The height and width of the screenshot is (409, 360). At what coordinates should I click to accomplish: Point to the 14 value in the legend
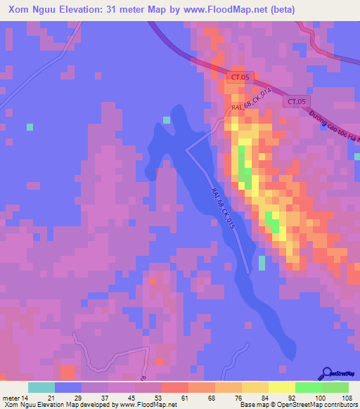[24, 398]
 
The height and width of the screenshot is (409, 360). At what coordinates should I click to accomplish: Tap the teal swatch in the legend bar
[41, 387]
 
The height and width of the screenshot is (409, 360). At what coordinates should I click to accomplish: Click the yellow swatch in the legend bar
[282, 387]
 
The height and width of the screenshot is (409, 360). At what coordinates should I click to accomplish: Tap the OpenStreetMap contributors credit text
[317, 405]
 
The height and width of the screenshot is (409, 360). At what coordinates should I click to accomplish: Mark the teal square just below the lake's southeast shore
[262, 263]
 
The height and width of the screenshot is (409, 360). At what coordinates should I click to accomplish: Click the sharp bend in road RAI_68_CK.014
[187, 150]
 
